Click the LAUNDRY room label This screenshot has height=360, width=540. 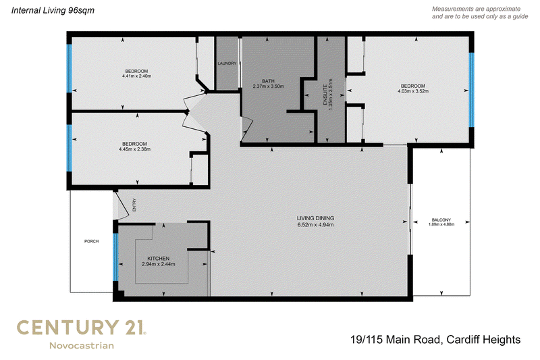[x=227, y=63]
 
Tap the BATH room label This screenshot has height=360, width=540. [x=268, y=81]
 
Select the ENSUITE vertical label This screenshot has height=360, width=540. [x=325, y=90]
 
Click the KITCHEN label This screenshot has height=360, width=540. [x=159, y=259]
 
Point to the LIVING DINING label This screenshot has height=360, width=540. [x=315, y=218]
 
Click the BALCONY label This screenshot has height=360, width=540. [x=441, y=220]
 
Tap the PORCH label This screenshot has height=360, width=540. [x=92, y=241]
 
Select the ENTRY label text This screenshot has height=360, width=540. [x=134, y=205]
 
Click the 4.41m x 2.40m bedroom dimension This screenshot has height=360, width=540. [x=137, y=76]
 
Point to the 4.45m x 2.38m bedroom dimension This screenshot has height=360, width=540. [x=134, y=149]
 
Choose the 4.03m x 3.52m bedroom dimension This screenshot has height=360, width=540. [x=413, y=91]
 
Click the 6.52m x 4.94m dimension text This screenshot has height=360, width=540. [x=315, y=225]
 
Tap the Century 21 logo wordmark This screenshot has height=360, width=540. [x=82, y=328]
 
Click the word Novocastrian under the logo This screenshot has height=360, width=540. [x=82, y=346]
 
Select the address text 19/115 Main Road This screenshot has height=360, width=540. [x=396, y=340]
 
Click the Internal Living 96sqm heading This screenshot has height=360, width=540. [x=53, y=10]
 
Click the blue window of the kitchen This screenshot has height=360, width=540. [x=115, y=257]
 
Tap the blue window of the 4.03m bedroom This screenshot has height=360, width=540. [x=471, y=90]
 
